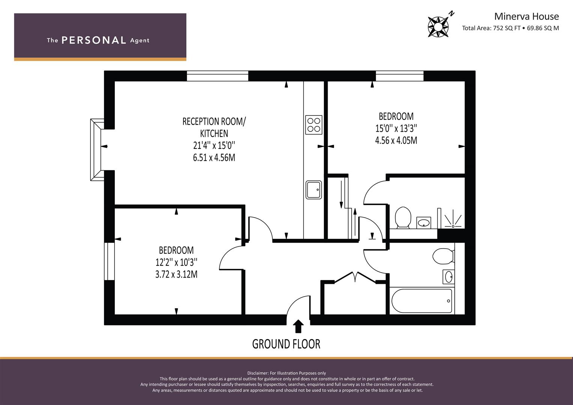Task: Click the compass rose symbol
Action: pos(438,27)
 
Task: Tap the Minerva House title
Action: pos(526,16)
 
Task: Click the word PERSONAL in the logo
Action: pos(94,40)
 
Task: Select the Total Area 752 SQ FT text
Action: pos(491,28)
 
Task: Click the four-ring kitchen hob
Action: pos(314,125)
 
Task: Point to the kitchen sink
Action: pos(314,190)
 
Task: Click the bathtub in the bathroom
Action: pos(421,301)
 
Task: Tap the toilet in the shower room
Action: pos(403,217)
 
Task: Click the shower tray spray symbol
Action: pos(453,219)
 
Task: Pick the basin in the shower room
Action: pos(424,222)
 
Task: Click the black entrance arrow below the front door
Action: pos(298,326)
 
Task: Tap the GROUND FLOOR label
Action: pos(286,344)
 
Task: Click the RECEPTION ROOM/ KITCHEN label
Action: pos(214,127)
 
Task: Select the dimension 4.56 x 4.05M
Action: pos(396,140)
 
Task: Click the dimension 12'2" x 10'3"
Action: pos(176,262)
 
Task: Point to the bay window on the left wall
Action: pos(97,150)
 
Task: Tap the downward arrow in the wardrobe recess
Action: pos(341,195)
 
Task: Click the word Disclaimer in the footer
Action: pos(258,373)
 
